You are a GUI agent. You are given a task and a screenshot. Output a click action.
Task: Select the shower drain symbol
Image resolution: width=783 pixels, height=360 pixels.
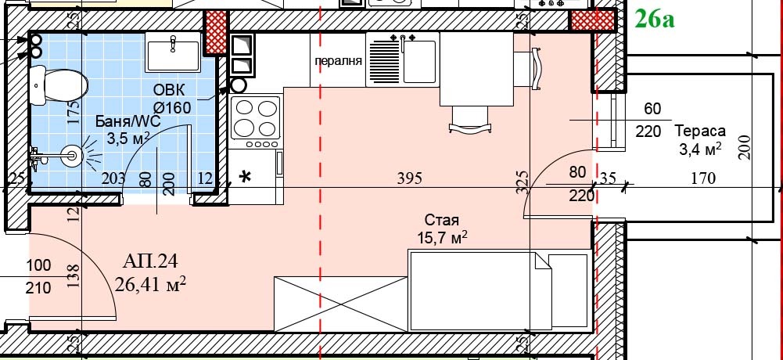click(71, 156)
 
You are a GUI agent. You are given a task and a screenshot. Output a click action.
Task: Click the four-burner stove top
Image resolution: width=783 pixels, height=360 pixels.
click(256, 118)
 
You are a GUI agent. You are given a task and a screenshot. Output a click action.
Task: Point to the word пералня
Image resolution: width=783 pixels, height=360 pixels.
click(338, 62)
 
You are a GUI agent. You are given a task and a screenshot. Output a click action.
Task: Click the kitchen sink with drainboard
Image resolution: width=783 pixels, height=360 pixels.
click(403, 59)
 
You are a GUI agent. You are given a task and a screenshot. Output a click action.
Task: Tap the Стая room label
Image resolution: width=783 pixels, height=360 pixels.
click(441, 220)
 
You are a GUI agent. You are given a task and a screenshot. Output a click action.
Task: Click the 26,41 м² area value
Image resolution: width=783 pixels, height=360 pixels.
click(150, 285)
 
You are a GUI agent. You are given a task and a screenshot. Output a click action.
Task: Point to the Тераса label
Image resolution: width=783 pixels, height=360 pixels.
click(700, 131)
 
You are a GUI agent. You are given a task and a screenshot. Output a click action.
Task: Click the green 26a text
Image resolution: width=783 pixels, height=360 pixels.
click(654, 20)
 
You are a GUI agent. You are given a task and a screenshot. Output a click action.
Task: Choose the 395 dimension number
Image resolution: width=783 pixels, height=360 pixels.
click(409, 178)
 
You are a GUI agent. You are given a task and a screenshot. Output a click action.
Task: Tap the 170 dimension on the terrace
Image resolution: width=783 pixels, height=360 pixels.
click(703, 178)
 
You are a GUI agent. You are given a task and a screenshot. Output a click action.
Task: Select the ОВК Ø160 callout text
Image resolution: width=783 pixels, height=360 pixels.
click(171, 99)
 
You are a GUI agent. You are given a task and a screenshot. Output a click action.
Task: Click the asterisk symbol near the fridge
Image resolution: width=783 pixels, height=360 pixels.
click(245, 177)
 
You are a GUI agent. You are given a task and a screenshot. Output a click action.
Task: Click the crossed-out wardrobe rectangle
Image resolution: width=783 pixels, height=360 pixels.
click(341, 304)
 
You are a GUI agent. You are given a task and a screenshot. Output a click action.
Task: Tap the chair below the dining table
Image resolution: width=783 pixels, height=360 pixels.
click(470, 121)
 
